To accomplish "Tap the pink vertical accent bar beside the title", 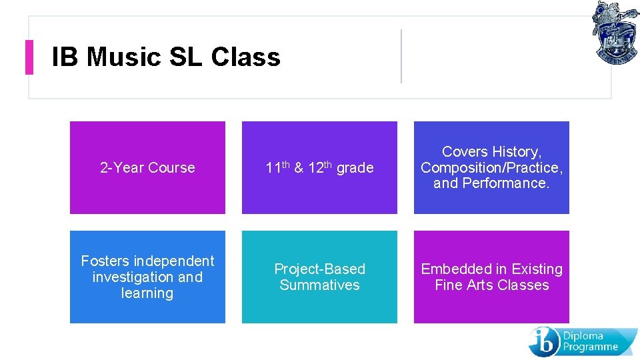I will pyautogui.click(x=29, y=57).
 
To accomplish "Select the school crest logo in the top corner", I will pyautogui.click(x=615, y=32).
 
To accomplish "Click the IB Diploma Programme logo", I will pyautogui.click(x=583, y=341).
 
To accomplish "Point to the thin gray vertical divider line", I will pyautogui.click(x=401, y=56).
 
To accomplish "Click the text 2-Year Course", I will pyautogui.click(x=147, y=168).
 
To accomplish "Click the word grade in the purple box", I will pyautogui.click(x=355, y=168).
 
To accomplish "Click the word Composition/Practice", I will pyautogui.click(x=491, y=167).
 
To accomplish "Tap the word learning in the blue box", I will pyautogui.click(x=147, y=293).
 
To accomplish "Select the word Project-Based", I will pyautogui.click(x=319, y=269).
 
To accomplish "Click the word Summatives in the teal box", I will pyautogui.click(x=319, y=285).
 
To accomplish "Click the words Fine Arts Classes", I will pyautogui.click(x=492, y=285).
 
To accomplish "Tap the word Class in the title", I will pyautogui.click(x=245, y=57).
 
